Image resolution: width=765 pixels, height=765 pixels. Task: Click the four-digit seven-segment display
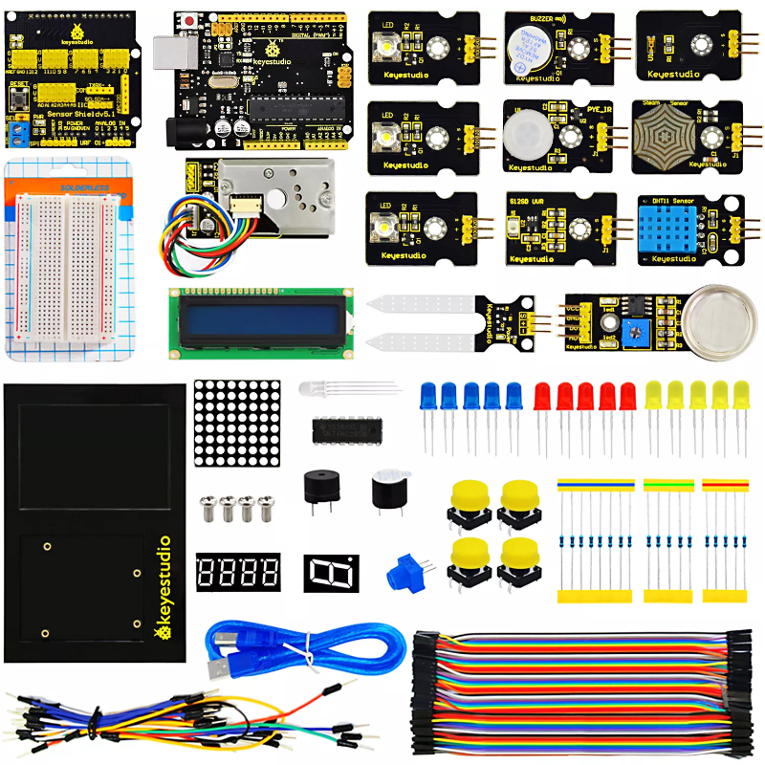(x=238, y=572)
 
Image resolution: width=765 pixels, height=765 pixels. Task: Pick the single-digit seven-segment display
(x=331, y=572)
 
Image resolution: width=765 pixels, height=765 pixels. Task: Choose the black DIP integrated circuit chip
(x=342, y=429)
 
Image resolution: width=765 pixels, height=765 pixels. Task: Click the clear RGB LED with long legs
(x=313, y=389)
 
